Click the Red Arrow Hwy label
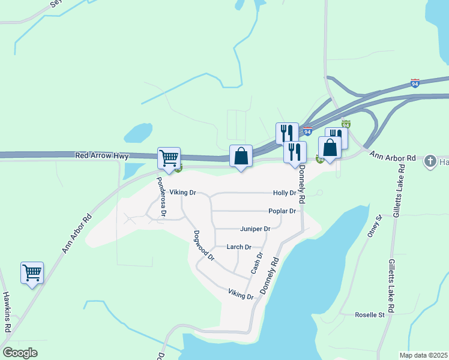point(102,156)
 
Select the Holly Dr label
point(285,193)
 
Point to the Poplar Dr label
point(282,211)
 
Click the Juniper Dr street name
point(255,229)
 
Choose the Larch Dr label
point(238,247)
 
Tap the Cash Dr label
point(257,263)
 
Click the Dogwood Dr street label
point(203,246)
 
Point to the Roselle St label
point(369,314)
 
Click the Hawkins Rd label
point(7,312)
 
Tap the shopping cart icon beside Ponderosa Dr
point(169,158)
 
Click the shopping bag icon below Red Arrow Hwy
point(241,156)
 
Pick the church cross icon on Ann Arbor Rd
point(430,161)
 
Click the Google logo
point(20,352)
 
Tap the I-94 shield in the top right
point(415,83)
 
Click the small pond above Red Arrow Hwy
point(139,131)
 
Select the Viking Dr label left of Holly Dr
point(182,193)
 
